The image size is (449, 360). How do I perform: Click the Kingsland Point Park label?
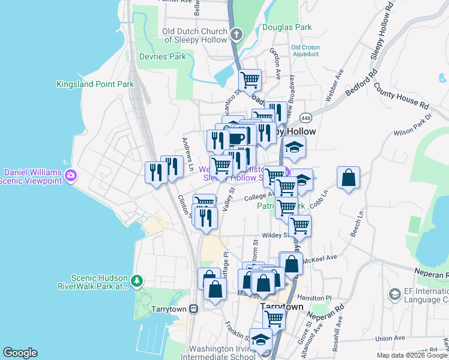(95, 85)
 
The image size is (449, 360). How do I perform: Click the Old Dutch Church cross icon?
(237, 34)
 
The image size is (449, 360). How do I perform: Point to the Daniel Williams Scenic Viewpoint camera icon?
(71, 175)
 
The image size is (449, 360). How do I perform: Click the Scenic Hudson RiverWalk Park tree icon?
(137, 280)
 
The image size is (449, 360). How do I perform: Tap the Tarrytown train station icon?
(193, 308)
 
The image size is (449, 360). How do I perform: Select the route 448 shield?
(306, 117)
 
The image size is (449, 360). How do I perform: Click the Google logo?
(20, 353)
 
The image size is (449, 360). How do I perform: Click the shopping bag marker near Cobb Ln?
(348, 178)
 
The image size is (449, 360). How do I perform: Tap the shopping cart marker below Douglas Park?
(250, 79)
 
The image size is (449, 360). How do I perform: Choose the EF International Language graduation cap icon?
(394, 294)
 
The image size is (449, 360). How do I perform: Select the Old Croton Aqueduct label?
(305, 50)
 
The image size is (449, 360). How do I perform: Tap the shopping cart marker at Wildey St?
(299, 226)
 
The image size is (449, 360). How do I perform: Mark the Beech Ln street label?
(360, 221)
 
